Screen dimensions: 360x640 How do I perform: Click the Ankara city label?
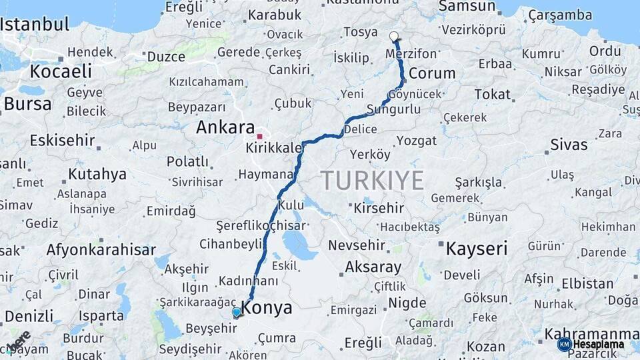pyautogui.click(x=225, y=127)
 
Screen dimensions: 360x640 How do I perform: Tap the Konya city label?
pyautogui.click(x=267, y=308)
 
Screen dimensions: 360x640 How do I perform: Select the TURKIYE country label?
pyautogui.click(x=372, y=180)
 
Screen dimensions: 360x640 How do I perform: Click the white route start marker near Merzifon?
pyautogui.click(x=394, y=37)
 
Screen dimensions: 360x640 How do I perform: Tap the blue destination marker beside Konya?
pyautogui.click(x=237, y=312)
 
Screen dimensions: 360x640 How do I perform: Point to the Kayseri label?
pyautogui.click(x=477, y=249)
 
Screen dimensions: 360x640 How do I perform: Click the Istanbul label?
pyautogui.click(x=35, y=25)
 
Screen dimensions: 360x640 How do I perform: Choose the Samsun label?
pyautogui.click(x=467, y=7)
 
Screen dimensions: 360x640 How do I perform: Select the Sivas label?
pyautogui.click(x=569, y=145)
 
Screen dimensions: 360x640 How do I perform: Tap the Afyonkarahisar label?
pyautogui.click(x=101, y=250)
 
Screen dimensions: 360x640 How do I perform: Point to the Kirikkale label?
pyautogui.click(x=274, y=147)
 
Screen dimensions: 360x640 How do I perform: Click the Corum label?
pyautogui.click(x=432, y=73)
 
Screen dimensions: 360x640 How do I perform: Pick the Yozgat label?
pyautogui.click(x=417, y=141)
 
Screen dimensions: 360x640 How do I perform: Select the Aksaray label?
pyautogui.click(x=373, y=268)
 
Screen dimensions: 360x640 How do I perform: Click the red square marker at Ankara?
pyautogui.click(x=260, y=136)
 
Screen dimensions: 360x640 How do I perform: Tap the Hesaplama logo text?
pyautogui.click(x=598, y=344)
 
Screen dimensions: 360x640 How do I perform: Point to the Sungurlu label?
pyautogui.click(x=393, y=109)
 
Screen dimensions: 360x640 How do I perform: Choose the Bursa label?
pyautogui.click(x=27, y=104)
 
